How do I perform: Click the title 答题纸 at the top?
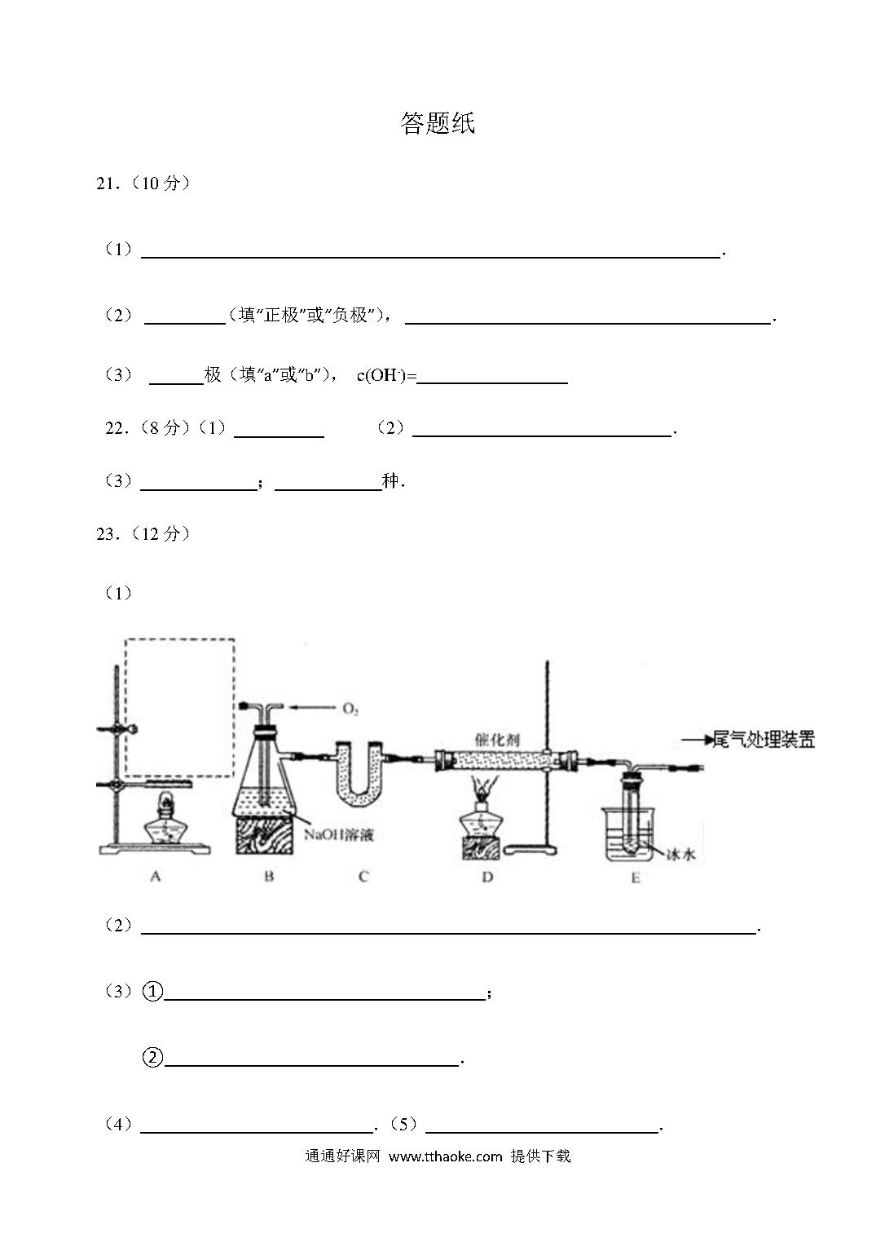[438, 123]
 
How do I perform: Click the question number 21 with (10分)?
[143, 183]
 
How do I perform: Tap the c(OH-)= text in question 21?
[386, 375]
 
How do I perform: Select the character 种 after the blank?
[390, 480]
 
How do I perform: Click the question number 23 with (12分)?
[143, 533]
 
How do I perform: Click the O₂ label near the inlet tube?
[350, 709]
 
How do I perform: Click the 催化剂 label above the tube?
[497, 740]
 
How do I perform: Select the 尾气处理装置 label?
[764, 739]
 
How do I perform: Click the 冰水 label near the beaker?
[680, 855]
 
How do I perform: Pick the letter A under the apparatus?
[155, 876]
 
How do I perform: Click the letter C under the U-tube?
[363, 877]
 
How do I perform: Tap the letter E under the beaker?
[636, 878]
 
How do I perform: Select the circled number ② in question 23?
[152, 1058]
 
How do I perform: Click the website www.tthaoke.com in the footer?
[445, 1156]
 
